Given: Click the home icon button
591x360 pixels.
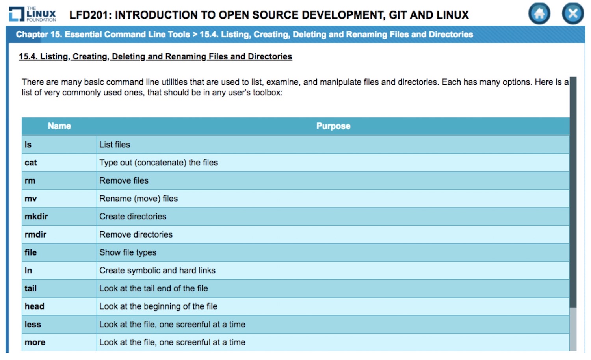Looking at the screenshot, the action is tap(539, 13).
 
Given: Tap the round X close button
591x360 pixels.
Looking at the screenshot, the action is tap(572, 13).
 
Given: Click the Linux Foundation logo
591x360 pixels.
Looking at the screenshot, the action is tap(32, 14).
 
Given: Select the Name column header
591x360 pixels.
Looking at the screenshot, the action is tap(59, 126).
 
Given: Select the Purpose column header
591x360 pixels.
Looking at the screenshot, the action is tap(333, 126).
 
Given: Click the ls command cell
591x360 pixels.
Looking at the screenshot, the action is tap(59, 145).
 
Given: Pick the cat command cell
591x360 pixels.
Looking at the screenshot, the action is tap(59, 162).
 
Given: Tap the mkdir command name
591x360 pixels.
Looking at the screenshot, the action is tap(36, 217).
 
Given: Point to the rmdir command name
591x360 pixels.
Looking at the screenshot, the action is tap(35, 234).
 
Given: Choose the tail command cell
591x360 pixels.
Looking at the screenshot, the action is tap(59, 288).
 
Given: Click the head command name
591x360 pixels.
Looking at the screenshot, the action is tap(34, 306).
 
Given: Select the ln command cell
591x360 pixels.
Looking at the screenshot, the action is tap(59, 270).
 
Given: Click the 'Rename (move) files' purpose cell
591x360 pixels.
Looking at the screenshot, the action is tap(333, 199).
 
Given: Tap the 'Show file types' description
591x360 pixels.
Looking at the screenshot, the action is tap(128, 252).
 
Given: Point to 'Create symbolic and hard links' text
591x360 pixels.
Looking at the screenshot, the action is tap(158, 270).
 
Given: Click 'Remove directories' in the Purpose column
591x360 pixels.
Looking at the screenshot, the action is tap(136, 234).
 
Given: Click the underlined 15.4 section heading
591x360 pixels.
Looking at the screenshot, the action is tap(155, 56).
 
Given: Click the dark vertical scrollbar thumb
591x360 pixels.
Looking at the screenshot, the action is tap(573, 192).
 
